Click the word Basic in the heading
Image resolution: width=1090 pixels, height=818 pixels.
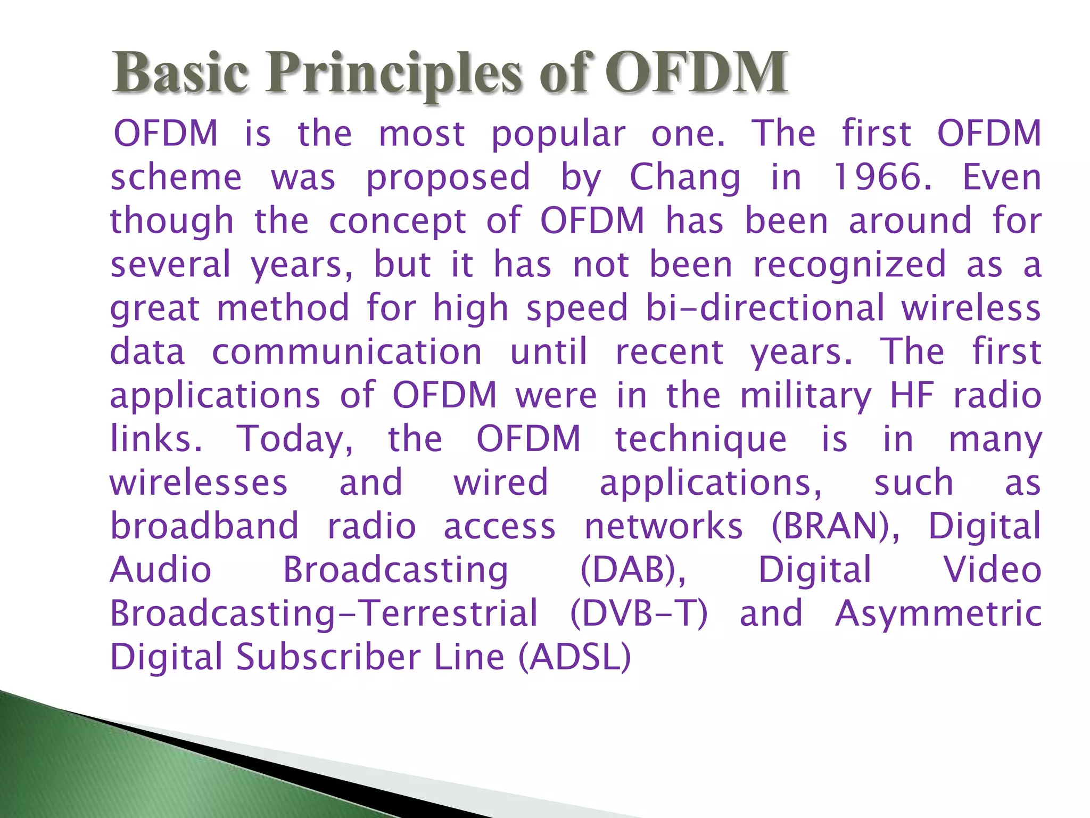pyautogui.click(x=180, y=73)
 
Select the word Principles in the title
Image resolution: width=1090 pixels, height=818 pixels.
pyautogui.click(x=394, y=73)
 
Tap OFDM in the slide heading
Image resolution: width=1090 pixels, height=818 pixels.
pyautogui.click(x=695, y=73)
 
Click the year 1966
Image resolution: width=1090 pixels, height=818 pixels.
pyautogui.click(x=881, y=177)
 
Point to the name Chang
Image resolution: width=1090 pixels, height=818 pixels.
pyautogui.click(x=684, y=177)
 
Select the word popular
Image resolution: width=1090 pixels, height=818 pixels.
pyautogui.click(x=558, y=134)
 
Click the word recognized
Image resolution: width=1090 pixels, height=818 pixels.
pyautogui.click(x=849, y=265)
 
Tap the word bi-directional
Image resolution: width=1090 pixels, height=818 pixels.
pyautogui.click(x=765, y=308)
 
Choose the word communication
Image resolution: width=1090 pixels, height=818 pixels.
pyautogui.click(x=347, y=352)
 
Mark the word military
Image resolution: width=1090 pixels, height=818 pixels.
pyautogui.click(x=806, y=396)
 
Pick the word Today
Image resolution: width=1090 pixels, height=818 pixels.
pyautogui.click(x=294, y=439)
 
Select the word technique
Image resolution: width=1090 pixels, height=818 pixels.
pyautogui.click(x=700, y=439)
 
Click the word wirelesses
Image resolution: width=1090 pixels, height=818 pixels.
pyautogui.click(x=199, y=483)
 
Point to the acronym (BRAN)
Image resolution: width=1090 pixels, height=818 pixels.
pyautogui.click(x=836, y=527)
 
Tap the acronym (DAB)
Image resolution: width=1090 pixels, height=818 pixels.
pyautogui.click(x=633, y=570)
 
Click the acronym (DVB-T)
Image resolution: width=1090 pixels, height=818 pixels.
pyautogui.click(x=639, y=614)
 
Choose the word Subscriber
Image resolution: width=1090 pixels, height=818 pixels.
pyautogui.click(x=329, y=658)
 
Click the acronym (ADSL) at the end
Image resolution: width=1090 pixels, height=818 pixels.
pyautogui.click(x=575, y=658)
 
